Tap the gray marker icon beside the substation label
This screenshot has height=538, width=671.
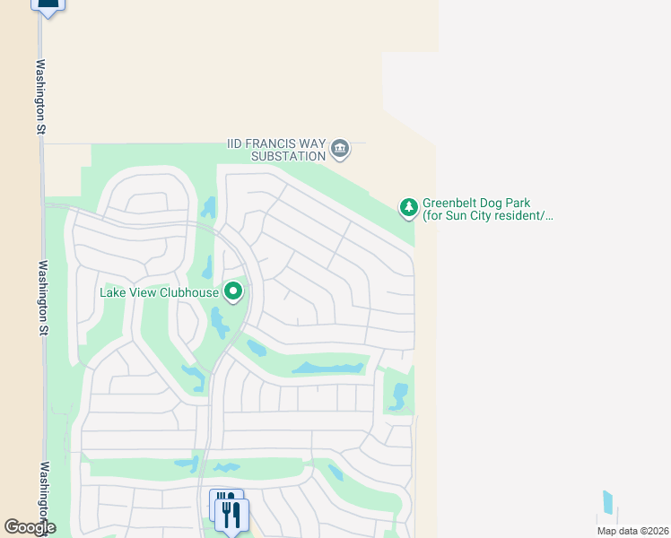coord(339,148)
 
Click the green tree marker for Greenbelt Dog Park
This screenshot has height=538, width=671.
coord(408,208)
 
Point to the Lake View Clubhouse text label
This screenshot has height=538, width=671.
coord(160,292)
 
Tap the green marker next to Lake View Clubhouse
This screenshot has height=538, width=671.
coord(233,291)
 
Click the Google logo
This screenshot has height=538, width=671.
coord(29,527)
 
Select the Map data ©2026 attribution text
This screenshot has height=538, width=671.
coord(632,531)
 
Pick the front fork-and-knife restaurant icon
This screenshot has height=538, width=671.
coord(232,516)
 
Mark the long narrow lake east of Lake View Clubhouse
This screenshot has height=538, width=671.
coord(328,368)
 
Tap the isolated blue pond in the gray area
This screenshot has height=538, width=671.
coord(608,503)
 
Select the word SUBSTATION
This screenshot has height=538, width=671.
coord(287,156)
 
